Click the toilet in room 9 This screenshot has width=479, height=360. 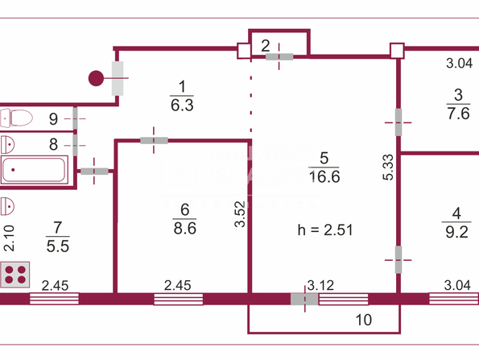click(x=16, y=118)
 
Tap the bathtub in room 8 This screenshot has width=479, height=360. click(x=34, y=170)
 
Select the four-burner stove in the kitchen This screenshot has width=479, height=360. click(x=15, y=275)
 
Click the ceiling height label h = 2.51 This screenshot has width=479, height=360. click(x=325, y=230)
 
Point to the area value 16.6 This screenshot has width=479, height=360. click(x=324, y=176)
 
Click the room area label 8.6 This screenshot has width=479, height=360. click(x=185, y=228)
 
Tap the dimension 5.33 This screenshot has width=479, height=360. click(x=388, y=168)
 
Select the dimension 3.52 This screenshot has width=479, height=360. click(x=240, y=214)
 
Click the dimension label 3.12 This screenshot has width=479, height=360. click(x=320, y=285)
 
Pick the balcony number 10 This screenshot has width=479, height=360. click(x=364, y=320)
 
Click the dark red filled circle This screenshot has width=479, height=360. click(x=96, y=78)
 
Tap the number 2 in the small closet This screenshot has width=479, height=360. click(x=266, y=46)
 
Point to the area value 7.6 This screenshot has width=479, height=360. click(x=458, y=114)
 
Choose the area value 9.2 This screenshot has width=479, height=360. click(x=456, y=232)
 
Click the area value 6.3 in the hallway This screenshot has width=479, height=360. click(x=182, y=106)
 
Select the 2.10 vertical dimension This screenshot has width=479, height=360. click(x=9, y=238)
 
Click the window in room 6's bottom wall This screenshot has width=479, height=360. click(x=179, y=299)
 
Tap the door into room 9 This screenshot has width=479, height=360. click(x=75, y=118)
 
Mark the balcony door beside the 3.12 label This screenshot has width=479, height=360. click(x=304, y=299)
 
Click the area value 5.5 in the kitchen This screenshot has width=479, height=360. click(x=58, y=246)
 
